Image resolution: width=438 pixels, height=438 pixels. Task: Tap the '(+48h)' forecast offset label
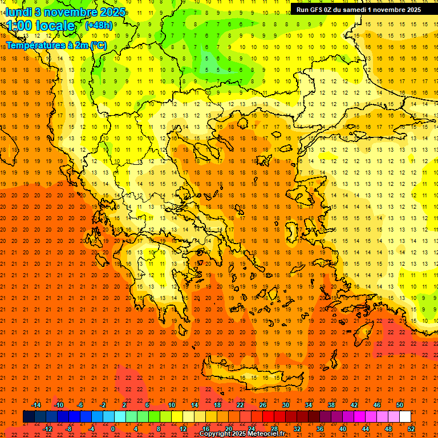(x=99, y=25)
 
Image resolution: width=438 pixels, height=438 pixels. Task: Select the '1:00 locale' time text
(x=40, y=26)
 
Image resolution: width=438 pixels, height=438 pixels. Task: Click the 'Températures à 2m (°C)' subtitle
(x=56, y=46)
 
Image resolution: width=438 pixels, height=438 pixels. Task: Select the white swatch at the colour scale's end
(x=405, y=417)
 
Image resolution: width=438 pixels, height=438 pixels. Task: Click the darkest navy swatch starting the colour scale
(x=29, y=417)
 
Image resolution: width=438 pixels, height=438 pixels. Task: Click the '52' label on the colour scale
(x=412, y=429)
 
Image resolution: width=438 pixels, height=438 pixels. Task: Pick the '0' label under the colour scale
(x=113, y=429)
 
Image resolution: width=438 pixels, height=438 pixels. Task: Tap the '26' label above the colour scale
(x=263, y=405)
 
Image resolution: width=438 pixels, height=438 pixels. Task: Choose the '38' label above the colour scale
(x=331, y=405)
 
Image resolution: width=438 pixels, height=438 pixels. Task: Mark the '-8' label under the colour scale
(x=68, y=429)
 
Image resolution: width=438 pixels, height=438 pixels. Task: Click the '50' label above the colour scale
(x=399, y=405)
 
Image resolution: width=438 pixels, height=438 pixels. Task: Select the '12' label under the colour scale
(x=183, y=429)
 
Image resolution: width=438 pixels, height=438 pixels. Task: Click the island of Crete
(x=251, y=378)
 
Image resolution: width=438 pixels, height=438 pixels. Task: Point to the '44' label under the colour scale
(x=366, y=429)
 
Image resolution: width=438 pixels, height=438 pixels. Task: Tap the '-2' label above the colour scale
(x=103, y=405)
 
